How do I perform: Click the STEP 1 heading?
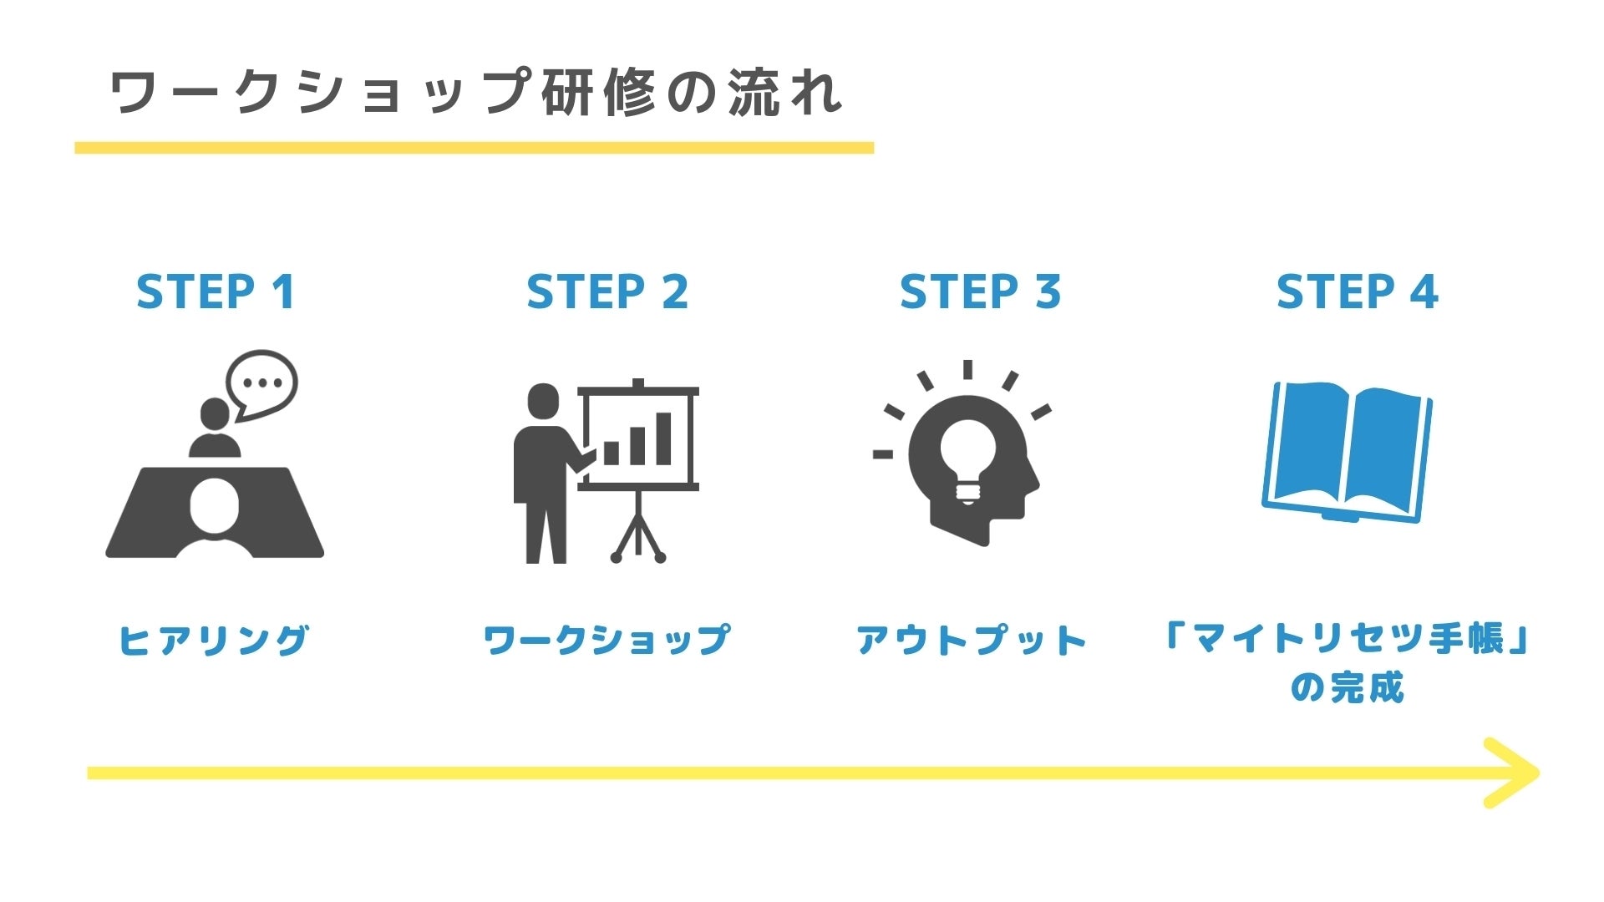[x=216, y=292]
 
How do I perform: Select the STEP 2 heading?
[x=607, y=292]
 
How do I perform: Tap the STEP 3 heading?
[x=980, y=292]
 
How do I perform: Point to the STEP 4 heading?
[x=1357, y=292]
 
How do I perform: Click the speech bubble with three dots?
[x=261, y=384]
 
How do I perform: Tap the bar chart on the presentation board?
[x=638, y=441]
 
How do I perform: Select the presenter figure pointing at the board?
[x=546, y=472]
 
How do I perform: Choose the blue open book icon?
[x=1347, y=453]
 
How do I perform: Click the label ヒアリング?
[x=214, y=641]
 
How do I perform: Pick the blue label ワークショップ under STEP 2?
[x=607, y=641]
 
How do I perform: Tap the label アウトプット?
[x=972, y=641]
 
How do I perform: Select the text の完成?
[x=1348, y=688]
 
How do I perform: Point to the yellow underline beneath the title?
[x=474, y=148]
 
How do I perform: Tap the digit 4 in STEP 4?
[x=1424, y=292]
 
